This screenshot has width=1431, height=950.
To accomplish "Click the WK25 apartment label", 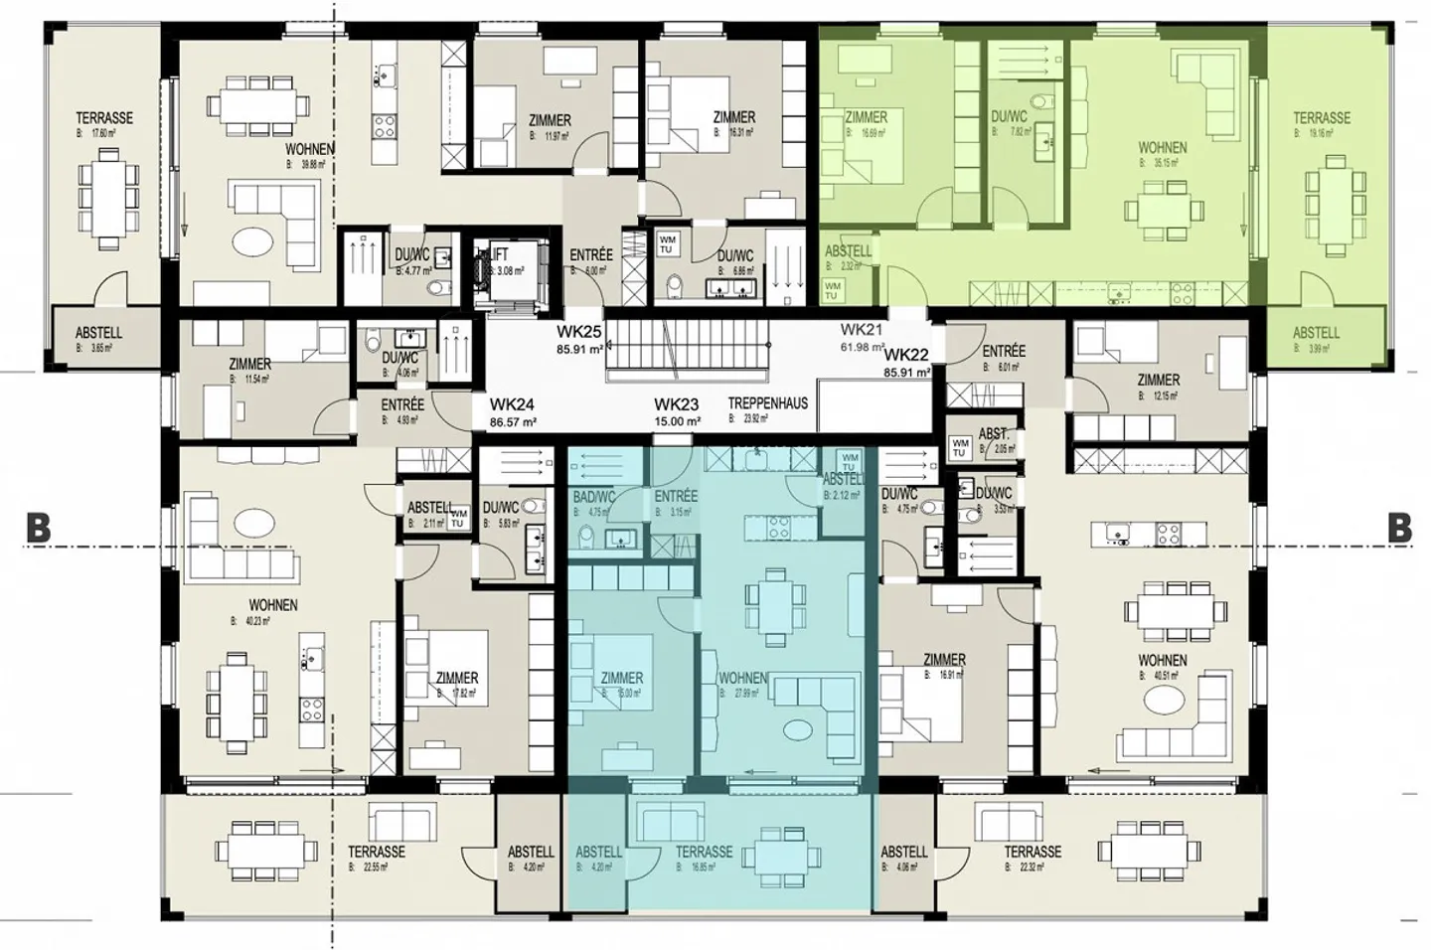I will coord(579,332).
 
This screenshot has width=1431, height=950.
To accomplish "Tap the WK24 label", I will coord(512,404).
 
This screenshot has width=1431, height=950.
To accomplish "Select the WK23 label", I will coord(677,404).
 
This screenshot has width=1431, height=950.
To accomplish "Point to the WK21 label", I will coord(862,330).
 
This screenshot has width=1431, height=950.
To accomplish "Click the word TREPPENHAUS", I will coord(767,403).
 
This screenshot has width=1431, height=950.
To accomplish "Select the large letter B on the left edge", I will coord(38,528).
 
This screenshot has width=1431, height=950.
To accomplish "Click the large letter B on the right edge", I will coord(1399,528).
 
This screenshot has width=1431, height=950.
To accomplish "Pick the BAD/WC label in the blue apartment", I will coord(594,496).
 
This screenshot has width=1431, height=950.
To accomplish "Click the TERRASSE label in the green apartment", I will coord(1321,117).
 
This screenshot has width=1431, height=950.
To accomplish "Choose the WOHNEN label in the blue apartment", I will coord(742,678).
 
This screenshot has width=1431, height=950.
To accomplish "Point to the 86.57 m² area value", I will coord(513,422).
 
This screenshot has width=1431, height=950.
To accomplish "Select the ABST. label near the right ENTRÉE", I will coord(994,434).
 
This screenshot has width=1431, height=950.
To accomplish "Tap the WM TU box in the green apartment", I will coord(833,290).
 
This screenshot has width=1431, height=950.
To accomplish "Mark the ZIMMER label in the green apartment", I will coord(866,116).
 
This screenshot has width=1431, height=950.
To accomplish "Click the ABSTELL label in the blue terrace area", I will coord(598,852).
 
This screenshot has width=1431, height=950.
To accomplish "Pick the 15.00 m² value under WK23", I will coord(677,421).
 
